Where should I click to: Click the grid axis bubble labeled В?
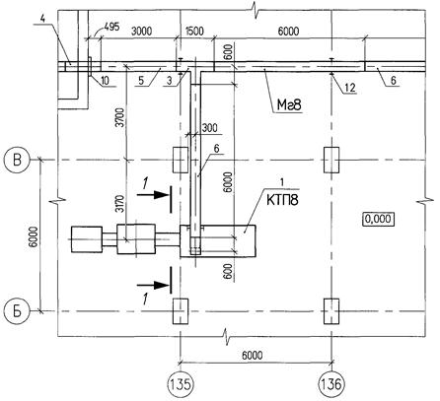(17, 161)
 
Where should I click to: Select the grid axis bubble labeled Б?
(17, 311)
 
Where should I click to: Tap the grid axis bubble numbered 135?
(180, 383)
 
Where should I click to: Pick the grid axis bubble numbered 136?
(331, 383)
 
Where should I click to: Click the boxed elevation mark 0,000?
(379, 219)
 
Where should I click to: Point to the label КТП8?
(282, 200)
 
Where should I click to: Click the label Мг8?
(289, 105)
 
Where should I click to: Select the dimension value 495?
(111, 27)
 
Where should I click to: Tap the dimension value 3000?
(142, 32)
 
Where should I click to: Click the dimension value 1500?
(194, 32)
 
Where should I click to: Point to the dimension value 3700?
(121, 117)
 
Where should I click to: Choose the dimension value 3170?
(121, 204)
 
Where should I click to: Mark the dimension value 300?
(210, 128)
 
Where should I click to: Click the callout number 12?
(350, 88)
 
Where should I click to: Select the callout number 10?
(106, 81)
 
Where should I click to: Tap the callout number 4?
(42, 19)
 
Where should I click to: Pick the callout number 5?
(141, 81)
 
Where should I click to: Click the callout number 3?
(169, 81)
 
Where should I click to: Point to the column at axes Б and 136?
(331, 311)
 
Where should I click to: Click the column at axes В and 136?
(331, 160)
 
